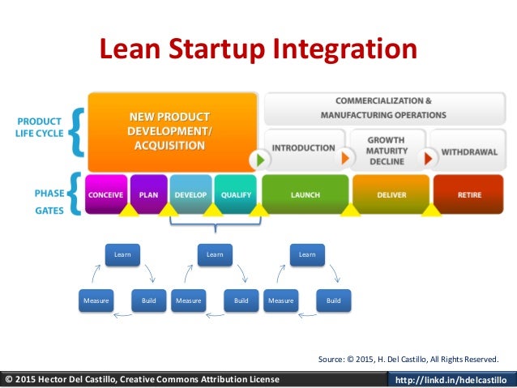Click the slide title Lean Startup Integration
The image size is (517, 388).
(x=258, y=49)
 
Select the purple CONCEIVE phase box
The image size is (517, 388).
(x=106, y=194)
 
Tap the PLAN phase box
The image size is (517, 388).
(x=148, y=194)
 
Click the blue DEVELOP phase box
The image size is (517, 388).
(x=190, y=194)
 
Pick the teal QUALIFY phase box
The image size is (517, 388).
(x=236, y=194)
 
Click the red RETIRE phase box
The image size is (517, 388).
(x=468, y=194)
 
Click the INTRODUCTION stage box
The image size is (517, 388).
(x=303, y=148)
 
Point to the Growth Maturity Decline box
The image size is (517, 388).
(x=386, y=148)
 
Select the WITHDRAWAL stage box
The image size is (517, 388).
(x=468, y=150)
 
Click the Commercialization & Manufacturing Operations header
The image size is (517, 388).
(x=384, y=108)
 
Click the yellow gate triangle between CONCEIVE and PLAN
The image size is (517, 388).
(x=127, y=211)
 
